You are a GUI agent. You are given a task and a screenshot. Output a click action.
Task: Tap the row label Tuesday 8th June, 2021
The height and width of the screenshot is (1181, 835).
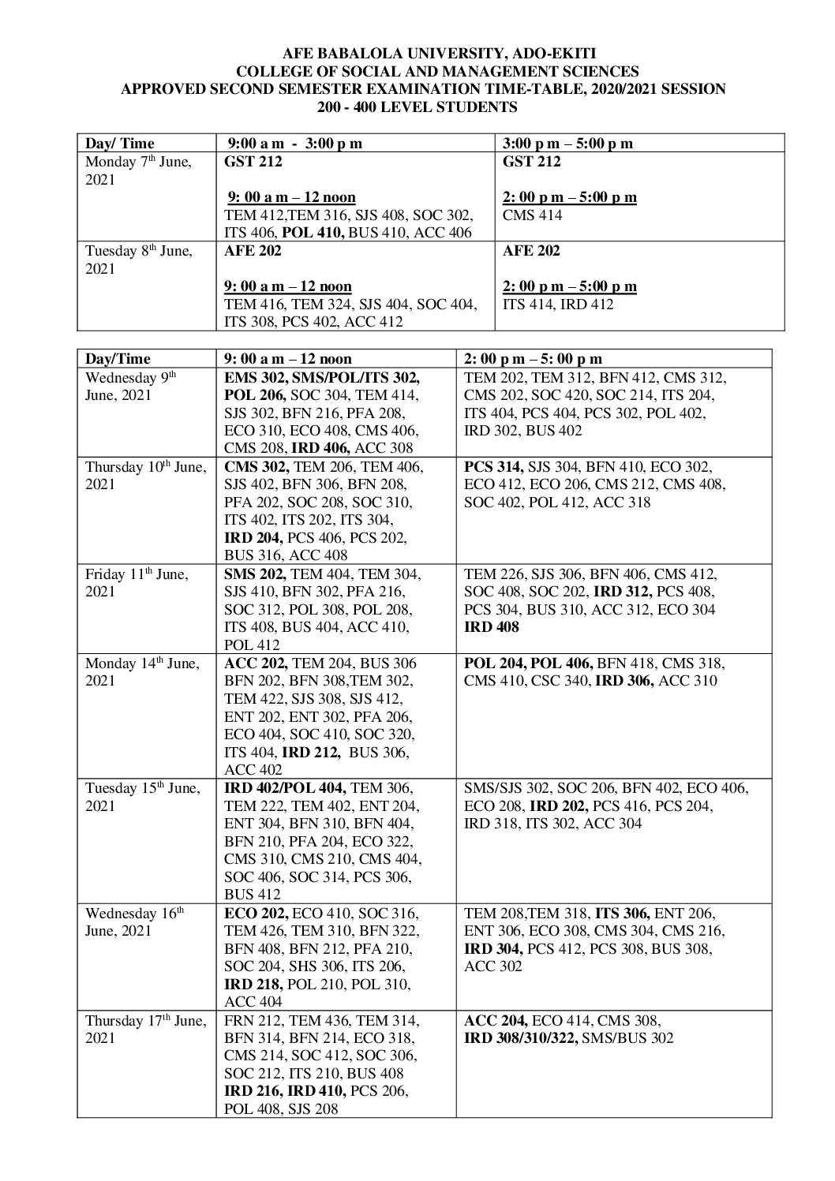138,260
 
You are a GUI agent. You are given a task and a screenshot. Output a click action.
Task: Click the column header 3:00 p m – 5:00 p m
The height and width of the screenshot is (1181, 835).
567,143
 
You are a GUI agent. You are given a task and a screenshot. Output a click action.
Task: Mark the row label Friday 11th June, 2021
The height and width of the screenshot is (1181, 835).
137,583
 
